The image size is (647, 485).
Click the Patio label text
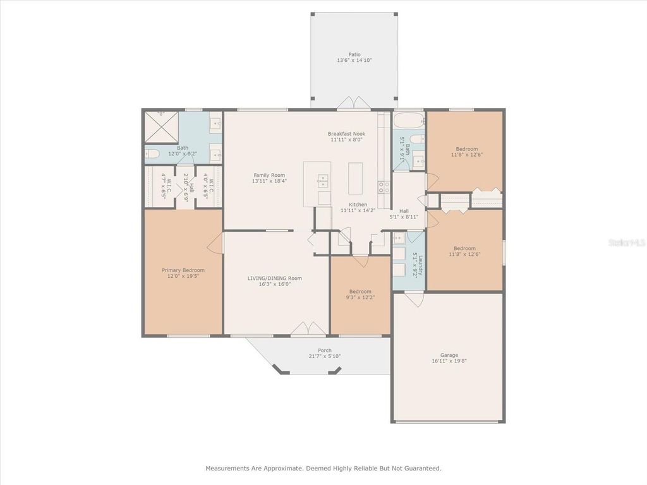(x=354, y=54)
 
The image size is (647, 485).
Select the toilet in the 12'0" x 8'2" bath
(x=152, y=153)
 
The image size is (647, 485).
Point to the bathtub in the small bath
(x=409, y=120)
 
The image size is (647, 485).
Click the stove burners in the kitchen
(x=384, y=186)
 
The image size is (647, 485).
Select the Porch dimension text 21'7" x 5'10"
(x=324, y=357)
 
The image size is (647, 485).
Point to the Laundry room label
(x=415, y=265)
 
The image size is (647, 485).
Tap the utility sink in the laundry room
(x=399, y=239)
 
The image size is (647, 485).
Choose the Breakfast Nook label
(x=346, y=133)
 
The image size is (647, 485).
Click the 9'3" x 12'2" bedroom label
(x=360, y=292)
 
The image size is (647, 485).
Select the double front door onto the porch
(x=308, y=329)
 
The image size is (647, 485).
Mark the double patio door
(x=353, y=103)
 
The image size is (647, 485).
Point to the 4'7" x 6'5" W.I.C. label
(x=163, y=185)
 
